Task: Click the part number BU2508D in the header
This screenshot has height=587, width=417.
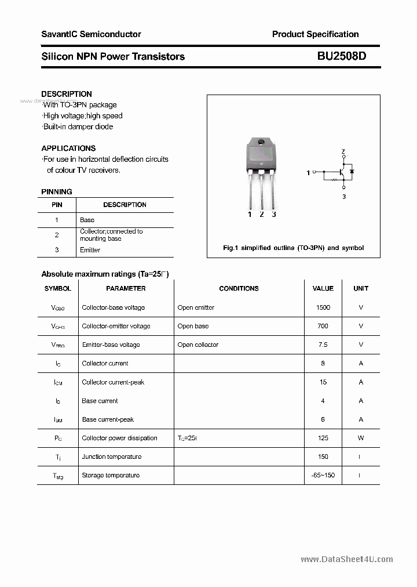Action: point(342,56)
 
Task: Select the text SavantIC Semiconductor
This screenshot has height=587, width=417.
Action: point(91,34)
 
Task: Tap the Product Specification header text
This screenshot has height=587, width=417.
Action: point(315,34)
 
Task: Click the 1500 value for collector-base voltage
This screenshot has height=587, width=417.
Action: point(323,307)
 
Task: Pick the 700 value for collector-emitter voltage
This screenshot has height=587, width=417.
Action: point(323,326)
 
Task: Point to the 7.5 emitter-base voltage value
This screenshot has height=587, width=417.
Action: point(323,345)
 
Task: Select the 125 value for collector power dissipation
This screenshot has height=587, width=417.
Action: point(323,438)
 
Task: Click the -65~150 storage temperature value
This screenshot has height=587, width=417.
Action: point(323,475)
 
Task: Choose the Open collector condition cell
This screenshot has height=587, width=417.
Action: point(198,345)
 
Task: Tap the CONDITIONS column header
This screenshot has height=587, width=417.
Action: point(239,288)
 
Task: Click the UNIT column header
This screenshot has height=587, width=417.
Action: point(361,288)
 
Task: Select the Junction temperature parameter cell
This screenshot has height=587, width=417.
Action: point(111,456)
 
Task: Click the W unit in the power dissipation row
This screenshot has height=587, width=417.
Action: point(361,438)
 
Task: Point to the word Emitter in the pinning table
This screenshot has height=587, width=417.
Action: point(90,250)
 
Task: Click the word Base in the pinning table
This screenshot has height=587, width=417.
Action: point(87,220)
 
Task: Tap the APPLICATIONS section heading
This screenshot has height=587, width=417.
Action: point(68,148)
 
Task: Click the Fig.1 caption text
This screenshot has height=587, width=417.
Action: point(293,248)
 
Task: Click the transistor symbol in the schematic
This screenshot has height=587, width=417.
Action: point(343,172)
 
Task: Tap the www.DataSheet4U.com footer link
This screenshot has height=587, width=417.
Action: point(347,559)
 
